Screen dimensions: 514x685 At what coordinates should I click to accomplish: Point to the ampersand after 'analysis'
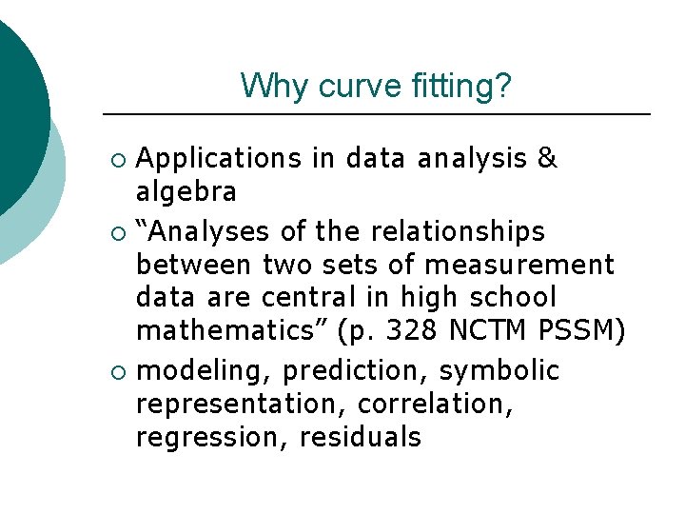[547, 158]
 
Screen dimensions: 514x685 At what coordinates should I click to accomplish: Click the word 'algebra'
[186, 193]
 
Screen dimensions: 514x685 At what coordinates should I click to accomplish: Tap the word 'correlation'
[435, 404]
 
